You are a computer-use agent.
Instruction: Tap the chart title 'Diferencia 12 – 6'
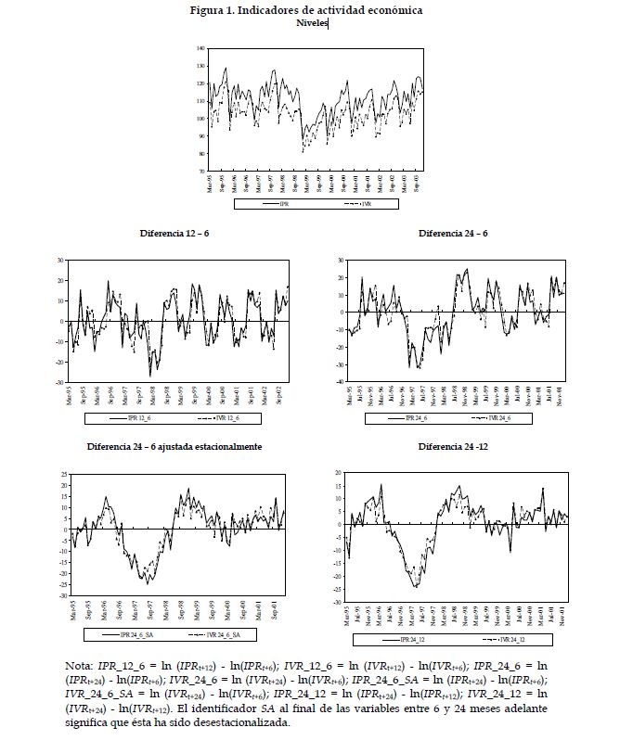coord(174,232)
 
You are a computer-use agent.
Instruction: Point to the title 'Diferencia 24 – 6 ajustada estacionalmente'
coord(174,446)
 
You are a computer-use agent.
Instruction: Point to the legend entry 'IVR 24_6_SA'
coord(223,634)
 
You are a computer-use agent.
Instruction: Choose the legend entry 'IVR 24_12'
coord(507,639)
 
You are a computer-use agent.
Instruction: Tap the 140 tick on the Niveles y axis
coord(200,48)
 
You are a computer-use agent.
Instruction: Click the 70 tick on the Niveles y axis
coord(201,171)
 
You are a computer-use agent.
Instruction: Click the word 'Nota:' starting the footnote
coord(81,666)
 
